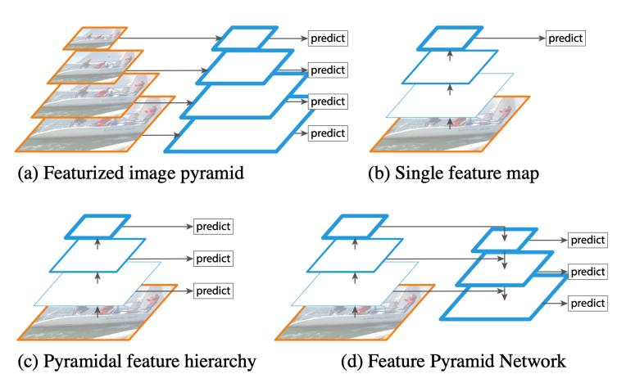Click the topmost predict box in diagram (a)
(328, 38)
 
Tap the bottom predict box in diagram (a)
(328, 133)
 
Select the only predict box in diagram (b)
(565, 38)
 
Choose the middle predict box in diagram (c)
(213, 259)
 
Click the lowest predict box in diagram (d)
(587, 304)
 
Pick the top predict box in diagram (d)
(587, 240)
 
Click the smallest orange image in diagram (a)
(95, 38)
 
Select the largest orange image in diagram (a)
(95, 124)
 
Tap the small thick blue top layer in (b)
(450, 38)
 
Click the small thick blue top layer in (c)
(98, 227)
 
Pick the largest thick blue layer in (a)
(238, 132)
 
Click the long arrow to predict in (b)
(510, 38)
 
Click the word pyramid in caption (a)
(212, 173)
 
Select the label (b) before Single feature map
(379, 173)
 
